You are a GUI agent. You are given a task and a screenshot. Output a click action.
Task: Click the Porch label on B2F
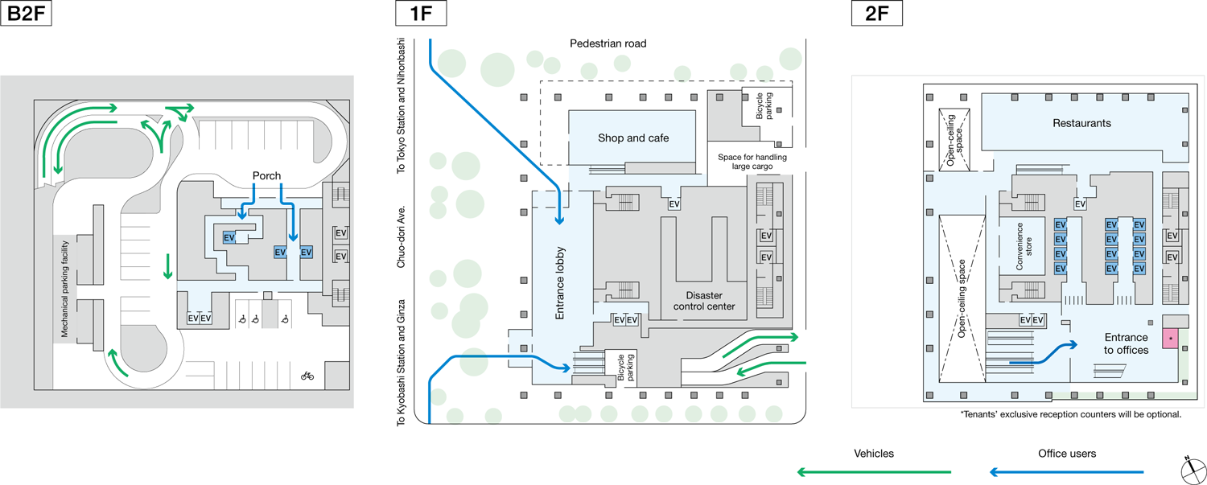[266, 175]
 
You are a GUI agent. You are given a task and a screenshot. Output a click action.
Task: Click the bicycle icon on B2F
[307, 375]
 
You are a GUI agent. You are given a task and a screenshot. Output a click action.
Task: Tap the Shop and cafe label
[633, 138]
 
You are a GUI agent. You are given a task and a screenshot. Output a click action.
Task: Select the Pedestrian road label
[608, 43]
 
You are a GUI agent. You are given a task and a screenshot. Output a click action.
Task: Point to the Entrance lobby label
[561, 282]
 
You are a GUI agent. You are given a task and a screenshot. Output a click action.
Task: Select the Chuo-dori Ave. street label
[400, 242]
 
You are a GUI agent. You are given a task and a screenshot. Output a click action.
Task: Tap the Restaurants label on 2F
[1081, 124]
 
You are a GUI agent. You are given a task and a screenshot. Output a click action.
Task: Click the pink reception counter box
[1169, 339]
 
